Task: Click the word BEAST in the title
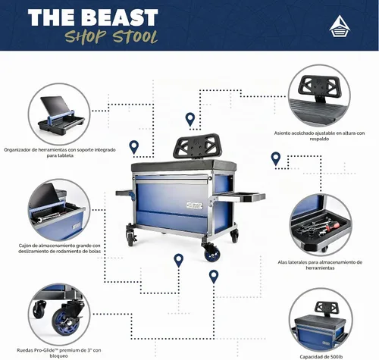[x=120, y=17]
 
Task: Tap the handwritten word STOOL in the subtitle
[x=135, y=37]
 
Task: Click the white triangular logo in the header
[x=340, y=27]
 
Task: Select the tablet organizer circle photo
[x=59, y=114]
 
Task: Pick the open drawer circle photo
[x=59, y=209]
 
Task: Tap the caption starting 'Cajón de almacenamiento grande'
[x=59, y=249]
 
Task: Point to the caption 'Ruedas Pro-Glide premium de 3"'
[x=59, y=353]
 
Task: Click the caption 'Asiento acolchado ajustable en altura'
[x=319, y=136]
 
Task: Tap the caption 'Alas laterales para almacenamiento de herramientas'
[x=320, y=265]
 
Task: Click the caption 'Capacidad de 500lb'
[x=321, y=357]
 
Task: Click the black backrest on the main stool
[x=196, y=146]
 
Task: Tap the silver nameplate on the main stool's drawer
[x=195, y=205]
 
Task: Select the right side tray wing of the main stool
[x=240, y=196]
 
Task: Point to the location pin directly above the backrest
[x=190, y=120]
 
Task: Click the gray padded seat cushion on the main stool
[x=183, y=165]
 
